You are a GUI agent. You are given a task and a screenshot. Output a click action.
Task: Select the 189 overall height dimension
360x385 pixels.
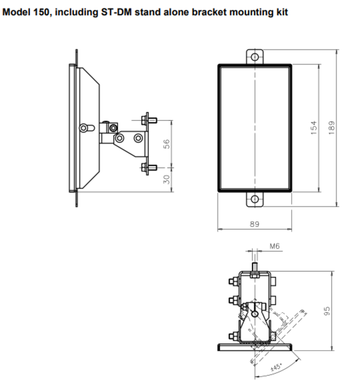click(332, 128)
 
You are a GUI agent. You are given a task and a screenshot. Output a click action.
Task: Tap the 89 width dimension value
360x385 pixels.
click(254, 224)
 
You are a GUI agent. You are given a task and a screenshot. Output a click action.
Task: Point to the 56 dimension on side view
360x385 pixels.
click(166, 144)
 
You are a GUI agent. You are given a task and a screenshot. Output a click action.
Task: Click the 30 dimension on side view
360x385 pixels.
click(166, 179)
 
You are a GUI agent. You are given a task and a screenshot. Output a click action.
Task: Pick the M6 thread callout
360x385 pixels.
click(275, 246)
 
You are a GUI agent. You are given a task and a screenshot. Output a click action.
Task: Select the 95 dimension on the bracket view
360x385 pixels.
click(327, 311)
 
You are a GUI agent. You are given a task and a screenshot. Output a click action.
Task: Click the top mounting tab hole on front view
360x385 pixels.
click(255, 57)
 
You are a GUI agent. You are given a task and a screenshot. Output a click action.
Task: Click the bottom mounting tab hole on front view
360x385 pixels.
click(255, 199)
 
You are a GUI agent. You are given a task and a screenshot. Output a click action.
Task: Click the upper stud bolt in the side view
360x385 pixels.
click(149, 120)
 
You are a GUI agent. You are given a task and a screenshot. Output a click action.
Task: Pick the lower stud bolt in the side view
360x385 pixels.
click(149, 168)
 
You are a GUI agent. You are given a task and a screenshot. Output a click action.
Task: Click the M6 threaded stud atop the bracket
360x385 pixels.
click(255, 267)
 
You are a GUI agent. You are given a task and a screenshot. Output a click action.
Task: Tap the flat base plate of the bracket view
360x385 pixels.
click(255, 347)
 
